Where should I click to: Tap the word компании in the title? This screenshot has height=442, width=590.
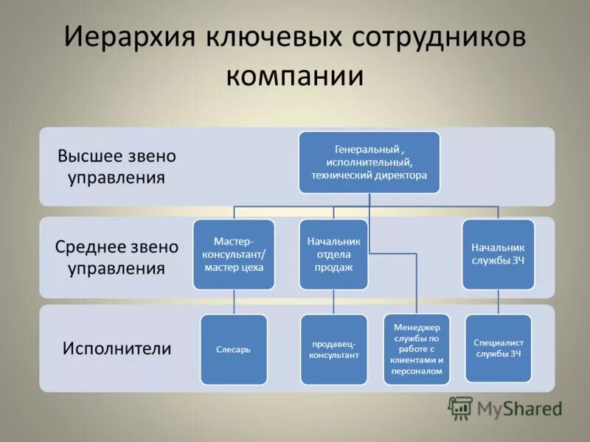[295, 76]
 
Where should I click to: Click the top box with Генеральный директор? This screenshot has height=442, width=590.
[369, 162]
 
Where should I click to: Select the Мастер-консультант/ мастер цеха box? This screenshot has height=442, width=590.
[234, 254]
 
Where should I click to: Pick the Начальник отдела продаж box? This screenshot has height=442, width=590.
[333, 254]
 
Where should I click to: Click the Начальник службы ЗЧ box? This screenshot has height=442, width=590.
[498, 254]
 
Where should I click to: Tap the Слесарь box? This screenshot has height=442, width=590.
[234, 349]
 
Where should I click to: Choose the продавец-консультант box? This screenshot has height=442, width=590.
[333, 349]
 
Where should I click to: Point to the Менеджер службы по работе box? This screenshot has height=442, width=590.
[417, 349]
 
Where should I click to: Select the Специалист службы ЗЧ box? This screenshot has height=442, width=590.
[498, 349]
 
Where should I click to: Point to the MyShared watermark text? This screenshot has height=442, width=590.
[519, 408]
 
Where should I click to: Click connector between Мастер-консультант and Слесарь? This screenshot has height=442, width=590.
[234, 301]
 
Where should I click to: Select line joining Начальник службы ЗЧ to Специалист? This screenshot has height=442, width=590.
[498, 301]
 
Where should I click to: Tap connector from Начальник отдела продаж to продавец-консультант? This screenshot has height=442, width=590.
[333, 301]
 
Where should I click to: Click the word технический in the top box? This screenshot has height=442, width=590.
[344, 176]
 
